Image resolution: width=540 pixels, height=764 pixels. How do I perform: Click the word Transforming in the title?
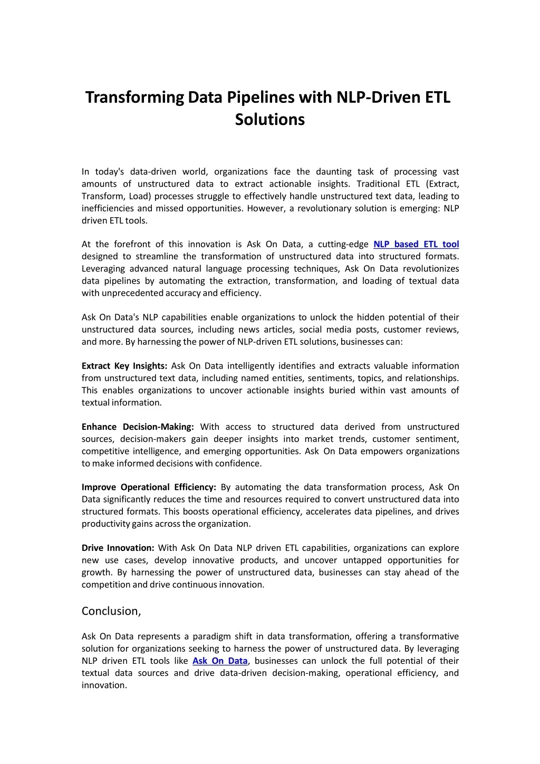134,98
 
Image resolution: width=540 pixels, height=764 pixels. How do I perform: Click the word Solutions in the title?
269,120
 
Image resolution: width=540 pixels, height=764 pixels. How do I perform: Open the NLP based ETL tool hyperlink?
416,244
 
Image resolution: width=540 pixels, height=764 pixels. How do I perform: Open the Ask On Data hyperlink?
220,661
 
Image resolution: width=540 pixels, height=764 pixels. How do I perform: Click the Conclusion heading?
111,611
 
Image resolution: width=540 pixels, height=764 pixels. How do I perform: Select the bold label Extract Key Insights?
124,366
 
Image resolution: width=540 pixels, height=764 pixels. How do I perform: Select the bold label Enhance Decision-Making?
138,427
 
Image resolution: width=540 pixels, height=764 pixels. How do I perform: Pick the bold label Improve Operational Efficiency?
149,487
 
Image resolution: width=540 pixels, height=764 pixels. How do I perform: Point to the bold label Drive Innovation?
118,548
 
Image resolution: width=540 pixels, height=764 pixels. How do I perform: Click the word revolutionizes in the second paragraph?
431,268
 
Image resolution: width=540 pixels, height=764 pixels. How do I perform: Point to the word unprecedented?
132,293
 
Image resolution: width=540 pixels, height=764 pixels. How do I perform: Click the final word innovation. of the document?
104,685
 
